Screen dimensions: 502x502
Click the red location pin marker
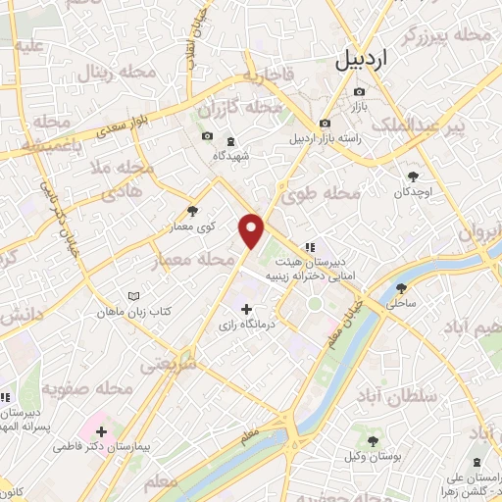pyautogui.click(x=253, y=231)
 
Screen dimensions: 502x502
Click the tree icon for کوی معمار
pyautogui.click(x=192, y=210)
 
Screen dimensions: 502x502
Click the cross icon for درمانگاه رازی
pyautogui.click(x=246, y=310)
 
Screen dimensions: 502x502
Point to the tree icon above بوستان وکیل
pyautogui.click(x=374, y=442)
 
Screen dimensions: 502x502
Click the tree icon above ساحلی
pyautogui.click(x=401, y=288)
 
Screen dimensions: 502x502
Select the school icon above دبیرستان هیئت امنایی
pyautogui.click(x=310, y=247)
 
